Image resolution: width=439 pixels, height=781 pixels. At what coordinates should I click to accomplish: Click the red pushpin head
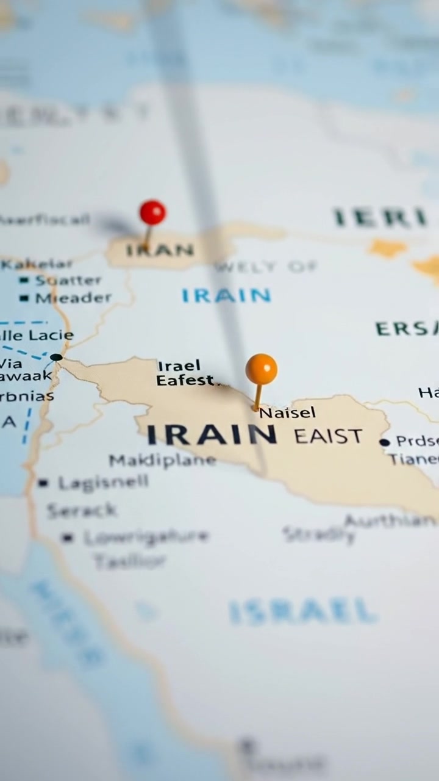coord(152,212)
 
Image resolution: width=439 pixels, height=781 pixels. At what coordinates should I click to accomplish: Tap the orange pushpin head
coord(262,369)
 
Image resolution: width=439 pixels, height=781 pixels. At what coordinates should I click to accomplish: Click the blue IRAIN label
coord(226,296)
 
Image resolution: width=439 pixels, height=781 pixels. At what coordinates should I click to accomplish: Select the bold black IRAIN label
coord(212,434)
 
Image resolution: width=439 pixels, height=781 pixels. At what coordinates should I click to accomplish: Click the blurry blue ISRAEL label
coord(302,611)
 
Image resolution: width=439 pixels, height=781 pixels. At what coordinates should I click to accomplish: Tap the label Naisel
coord(288,412)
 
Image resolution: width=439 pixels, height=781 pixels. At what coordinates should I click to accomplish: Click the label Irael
coord(179,366)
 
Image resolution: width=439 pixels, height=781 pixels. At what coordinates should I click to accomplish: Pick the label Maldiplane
coord(162,460)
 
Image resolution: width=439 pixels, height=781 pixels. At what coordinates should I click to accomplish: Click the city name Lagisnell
coord(103,483)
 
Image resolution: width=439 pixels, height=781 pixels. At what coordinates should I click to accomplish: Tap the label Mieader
coord(74,298)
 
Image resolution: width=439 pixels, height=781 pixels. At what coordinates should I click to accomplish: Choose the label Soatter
coord(68,281)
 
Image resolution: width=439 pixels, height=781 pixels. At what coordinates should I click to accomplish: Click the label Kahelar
coord(37,264)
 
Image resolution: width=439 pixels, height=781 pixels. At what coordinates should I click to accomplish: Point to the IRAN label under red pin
coord(160,250)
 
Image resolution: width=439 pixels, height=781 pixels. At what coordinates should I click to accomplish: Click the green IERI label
coord(379,218)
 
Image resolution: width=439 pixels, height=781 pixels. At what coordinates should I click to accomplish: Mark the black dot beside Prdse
coord(384,442)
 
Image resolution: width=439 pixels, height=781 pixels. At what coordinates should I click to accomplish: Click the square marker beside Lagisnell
coord(43,483)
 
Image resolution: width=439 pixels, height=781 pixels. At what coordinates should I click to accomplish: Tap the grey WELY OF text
coord(266,267)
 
